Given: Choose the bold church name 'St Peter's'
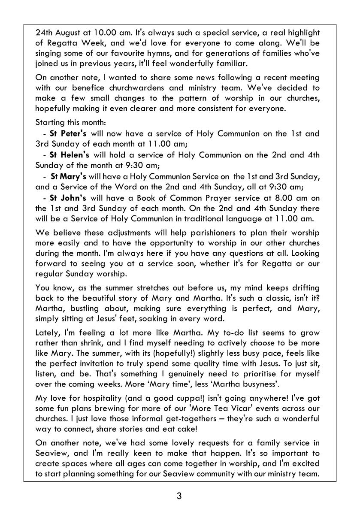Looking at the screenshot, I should tap(68, 133).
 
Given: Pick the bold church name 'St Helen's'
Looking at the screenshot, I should tap(70, 154).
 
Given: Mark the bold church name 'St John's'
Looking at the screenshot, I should tap(68, 198).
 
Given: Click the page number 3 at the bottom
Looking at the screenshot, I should tap(179, 497).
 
